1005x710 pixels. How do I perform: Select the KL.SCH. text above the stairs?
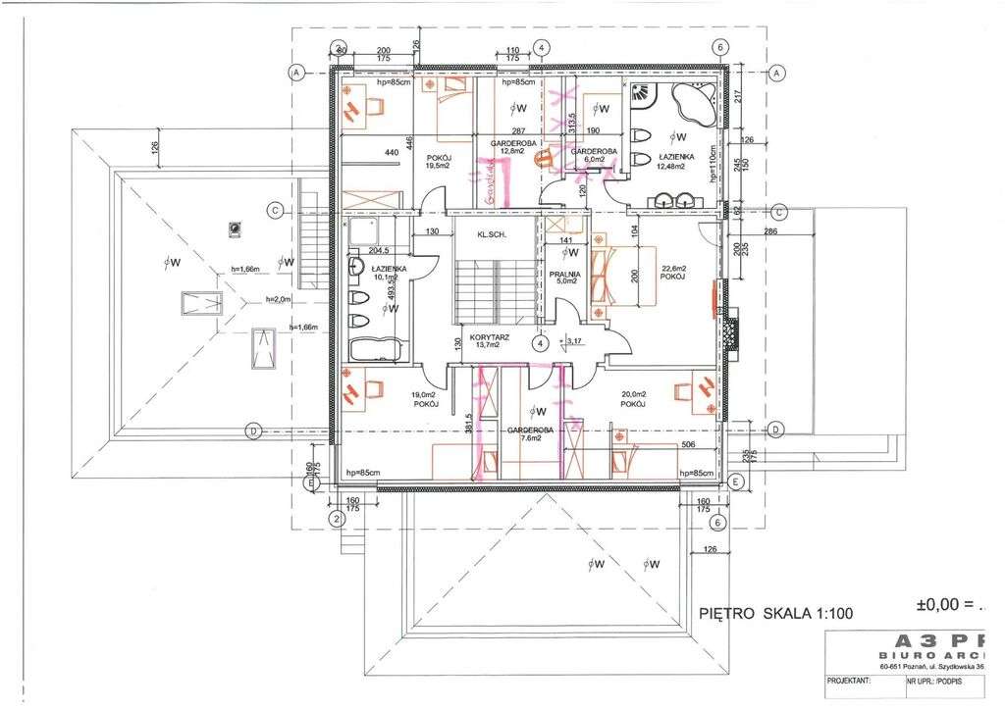pos(490,235)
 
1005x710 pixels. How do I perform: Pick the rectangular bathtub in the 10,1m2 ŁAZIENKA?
pos(375,349)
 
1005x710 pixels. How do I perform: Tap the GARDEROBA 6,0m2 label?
pos(593,156)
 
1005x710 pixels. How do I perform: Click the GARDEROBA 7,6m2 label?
pos(531,434)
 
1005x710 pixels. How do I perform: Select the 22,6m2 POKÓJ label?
pos(673,273)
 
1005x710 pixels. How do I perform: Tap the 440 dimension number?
pos(392,153)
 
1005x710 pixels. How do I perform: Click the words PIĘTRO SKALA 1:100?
pos(776,614)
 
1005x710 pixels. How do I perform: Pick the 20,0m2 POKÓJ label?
pos(634,398)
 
